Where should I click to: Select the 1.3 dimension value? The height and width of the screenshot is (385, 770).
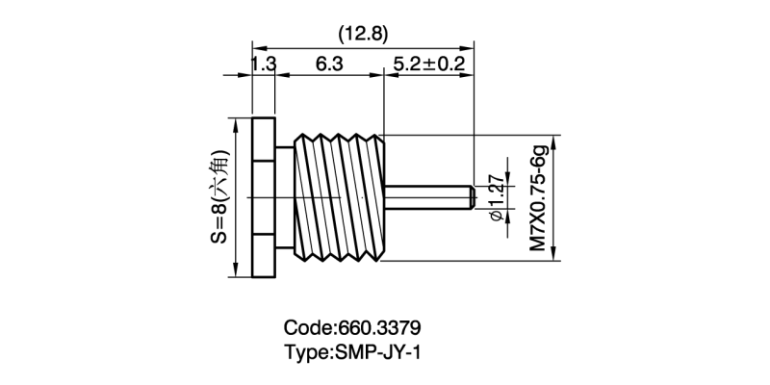263,64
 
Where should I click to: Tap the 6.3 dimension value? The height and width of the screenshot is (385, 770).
329,64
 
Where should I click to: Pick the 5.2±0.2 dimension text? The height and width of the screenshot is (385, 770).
428,64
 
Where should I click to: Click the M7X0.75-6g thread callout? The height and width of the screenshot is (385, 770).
540,198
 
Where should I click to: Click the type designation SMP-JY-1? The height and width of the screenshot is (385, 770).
376,352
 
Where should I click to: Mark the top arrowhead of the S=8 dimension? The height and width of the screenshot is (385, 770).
233,125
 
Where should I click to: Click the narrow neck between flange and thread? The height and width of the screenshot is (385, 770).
282,198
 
